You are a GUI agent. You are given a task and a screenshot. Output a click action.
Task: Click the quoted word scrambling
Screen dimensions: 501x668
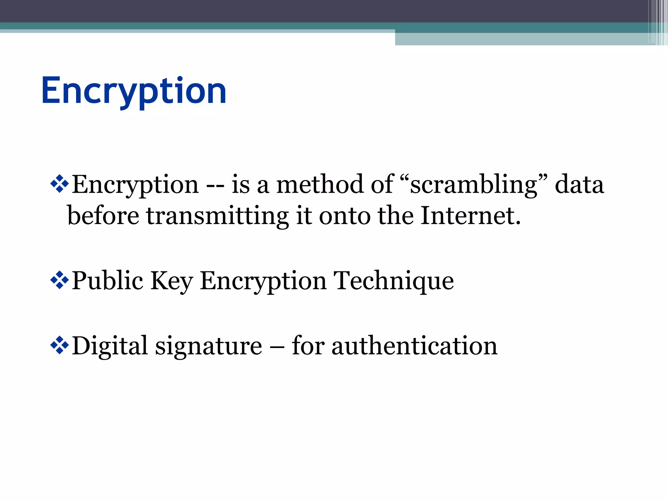pyautogui.click(x=473, y=185)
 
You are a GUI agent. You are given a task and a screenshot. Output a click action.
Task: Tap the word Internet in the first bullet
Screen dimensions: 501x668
pyautogui.click(x=470, y=216)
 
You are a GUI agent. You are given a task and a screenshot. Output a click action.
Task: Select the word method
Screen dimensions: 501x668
pyautogui.click(x=320, y=185)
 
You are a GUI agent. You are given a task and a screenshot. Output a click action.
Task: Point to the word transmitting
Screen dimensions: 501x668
pyautogui.click(x=217, y=216)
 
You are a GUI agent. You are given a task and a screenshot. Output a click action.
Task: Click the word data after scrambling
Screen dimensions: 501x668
pyautogui.click(x=579, y=185)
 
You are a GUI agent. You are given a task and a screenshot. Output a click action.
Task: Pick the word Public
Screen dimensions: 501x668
pyautogui.click(x=108, y=281)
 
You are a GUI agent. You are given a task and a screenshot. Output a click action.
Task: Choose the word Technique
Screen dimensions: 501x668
pyautogui.click(x=393, y=281)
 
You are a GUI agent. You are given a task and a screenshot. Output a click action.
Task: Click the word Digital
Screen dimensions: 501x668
pyautogui.click(x=110, y=346)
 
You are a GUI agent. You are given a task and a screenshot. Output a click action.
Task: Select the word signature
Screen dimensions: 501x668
pyautogui.click(x=208, y=346)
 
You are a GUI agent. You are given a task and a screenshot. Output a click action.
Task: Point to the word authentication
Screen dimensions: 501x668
pyautogui.click(x=414, y=346)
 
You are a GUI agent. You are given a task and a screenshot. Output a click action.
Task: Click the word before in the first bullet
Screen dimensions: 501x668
pyautogui.click(x=103, y=216)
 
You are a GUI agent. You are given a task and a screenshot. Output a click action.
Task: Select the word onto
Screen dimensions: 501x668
pyautogui.click(x=344, y=216)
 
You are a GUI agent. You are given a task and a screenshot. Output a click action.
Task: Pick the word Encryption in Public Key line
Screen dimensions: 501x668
pyautogui.click(x=263, y=281)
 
